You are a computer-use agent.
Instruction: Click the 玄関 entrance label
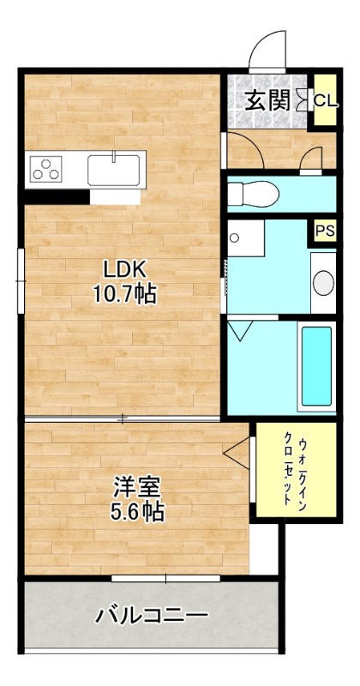coord(267,100)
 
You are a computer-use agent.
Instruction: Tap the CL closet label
coord(325,100)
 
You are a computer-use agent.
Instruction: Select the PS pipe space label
coord(324,230)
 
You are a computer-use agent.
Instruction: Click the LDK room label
coord(123,267)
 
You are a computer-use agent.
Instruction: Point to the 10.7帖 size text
coord(124,294)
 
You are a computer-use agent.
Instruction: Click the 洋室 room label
coord(137,486)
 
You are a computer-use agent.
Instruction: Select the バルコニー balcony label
coord(152,616)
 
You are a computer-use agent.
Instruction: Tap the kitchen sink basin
coord(116,168)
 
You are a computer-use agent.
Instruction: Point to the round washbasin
coord(323,281)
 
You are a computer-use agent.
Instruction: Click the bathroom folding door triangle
coord(241,331)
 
